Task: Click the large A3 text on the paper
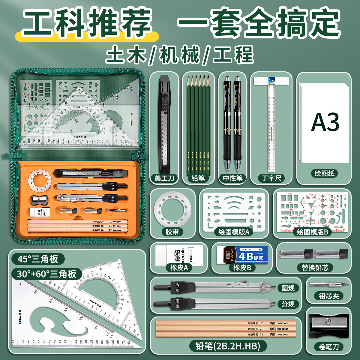point(325,122)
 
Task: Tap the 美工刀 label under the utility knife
point(164,178)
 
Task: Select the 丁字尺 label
point(271,178)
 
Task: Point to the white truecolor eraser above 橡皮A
point(179,255)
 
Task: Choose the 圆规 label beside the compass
point(288,288)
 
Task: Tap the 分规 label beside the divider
point(288,304)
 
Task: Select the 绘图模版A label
point(234,232)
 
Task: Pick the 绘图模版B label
point(312,232)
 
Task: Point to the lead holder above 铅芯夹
point(329,284)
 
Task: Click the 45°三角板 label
point(38,259)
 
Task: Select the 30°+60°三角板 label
point(47,274)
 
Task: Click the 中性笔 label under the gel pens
point(232,178)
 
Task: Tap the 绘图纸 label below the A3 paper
point(324,173)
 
